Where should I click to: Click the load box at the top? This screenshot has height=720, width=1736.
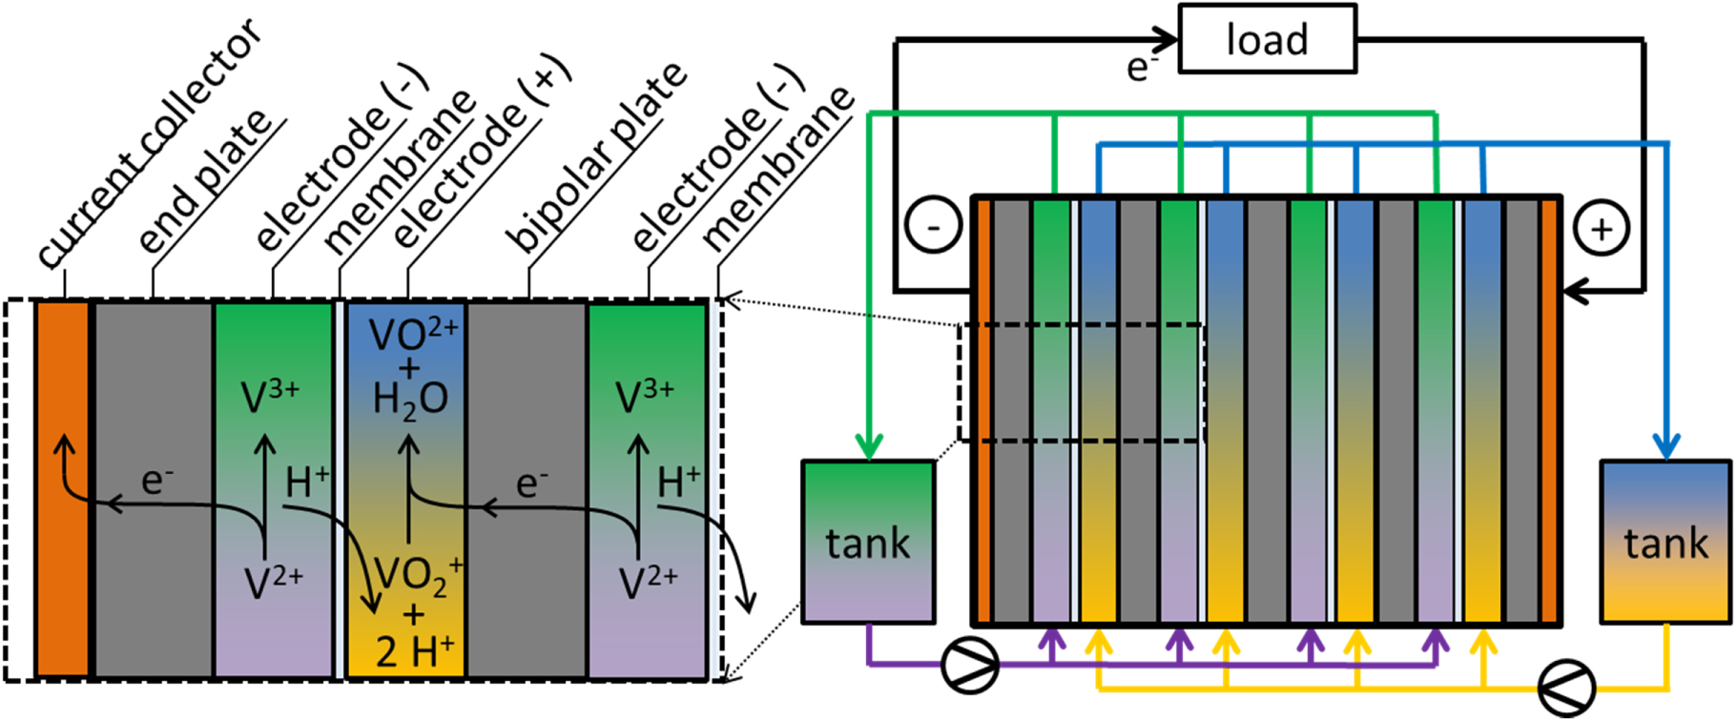(1267, 39)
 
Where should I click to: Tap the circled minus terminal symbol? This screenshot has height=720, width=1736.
(933, 226)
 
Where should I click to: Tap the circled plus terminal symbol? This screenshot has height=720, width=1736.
(1602, 229)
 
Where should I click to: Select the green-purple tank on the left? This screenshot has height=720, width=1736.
(868, 542)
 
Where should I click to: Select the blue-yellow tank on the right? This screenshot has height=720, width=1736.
(1665, 542)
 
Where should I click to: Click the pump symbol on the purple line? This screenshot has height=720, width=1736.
(970, 664)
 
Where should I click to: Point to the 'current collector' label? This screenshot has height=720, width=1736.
(148, 143)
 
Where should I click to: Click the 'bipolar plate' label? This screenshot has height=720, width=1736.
(595, 157)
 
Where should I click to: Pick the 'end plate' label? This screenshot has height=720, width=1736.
(205, 181)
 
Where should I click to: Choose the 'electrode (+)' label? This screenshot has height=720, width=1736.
(482, 153)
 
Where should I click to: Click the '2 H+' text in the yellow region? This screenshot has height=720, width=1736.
(413, 651)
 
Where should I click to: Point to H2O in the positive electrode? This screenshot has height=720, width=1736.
(410, 399)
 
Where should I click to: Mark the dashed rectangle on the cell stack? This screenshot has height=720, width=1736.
(1082, 382)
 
